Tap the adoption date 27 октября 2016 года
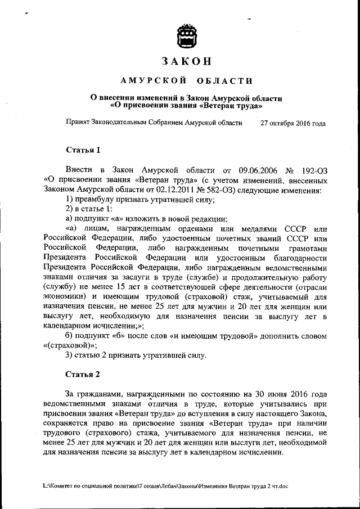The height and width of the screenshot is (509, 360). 292,122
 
